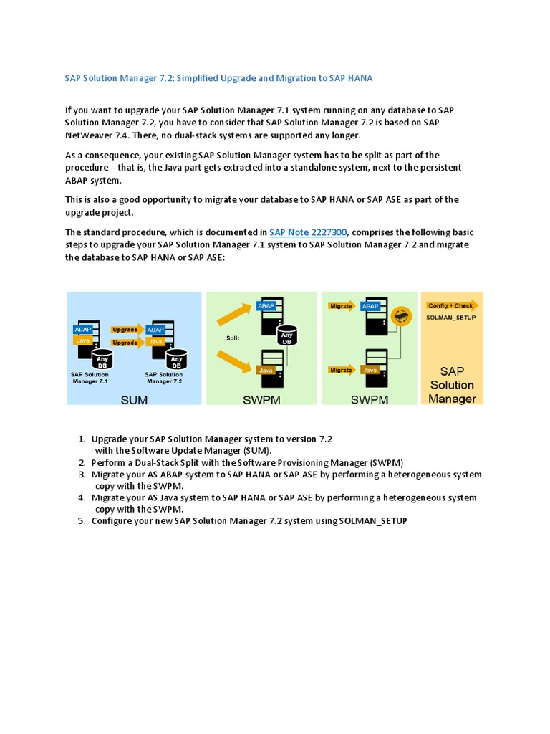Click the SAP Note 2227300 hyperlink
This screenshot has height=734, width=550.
coord(308,232)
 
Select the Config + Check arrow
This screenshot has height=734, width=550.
coord(450,305)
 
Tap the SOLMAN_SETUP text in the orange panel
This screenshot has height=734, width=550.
coord(451,317)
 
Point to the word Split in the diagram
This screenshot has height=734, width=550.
coord(233,337)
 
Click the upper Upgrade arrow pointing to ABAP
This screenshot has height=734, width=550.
coord(125,330)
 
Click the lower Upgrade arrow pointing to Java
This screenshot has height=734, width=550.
coord(125,343)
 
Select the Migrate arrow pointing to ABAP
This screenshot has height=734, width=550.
coord(342,306)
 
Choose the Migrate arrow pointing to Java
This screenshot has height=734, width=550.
coord(342,371)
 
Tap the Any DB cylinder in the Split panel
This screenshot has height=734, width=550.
coord(286,335)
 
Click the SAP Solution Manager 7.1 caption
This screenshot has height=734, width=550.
coord(90,378)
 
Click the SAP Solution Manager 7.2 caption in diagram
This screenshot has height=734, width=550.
coord(163,378)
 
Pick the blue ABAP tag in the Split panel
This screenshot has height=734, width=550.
coord(266,305)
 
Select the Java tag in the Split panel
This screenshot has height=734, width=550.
coord(266,370)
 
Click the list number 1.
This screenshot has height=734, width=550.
coord(82,439)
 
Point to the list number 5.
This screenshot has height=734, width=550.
coord(82,521)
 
